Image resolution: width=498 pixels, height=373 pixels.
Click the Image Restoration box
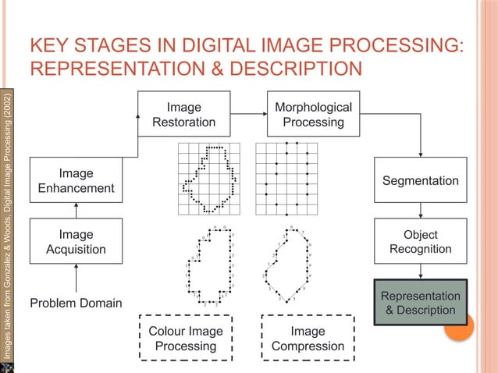coord(184,115)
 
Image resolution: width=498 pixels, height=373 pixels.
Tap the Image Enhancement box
coord(76,180)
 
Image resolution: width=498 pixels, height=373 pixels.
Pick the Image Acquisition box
coord(76,242)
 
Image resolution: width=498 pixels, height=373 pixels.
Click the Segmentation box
coord(421,180)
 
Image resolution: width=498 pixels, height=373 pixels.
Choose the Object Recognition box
coord(421,242)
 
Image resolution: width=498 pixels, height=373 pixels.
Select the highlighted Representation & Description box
coord(421,303)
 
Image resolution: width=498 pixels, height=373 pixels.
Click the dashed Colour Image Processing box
coord(186,338)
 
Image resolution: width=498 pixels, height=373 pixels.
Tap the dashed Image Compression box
coord(307,338)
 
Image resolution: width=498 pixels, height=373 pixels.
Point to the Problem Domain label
coord(76,303)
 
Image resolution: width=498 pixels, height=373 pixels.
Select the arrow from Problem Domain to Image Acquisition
coord(76,279)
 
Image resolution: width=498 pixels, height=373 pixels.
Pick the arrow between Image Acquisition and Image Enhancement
coord(76,211)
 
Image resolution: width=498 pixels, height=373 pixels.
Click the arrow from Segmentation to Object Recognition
coord(421,211)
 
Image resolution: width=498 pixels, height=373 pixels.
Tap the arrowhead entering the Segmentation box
coord(421,154)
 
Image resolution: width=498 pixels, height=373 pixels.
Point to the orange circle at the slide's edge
coord(459,328)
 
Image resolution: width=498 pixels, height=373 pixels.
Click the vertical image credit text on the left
coord(8,226)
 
